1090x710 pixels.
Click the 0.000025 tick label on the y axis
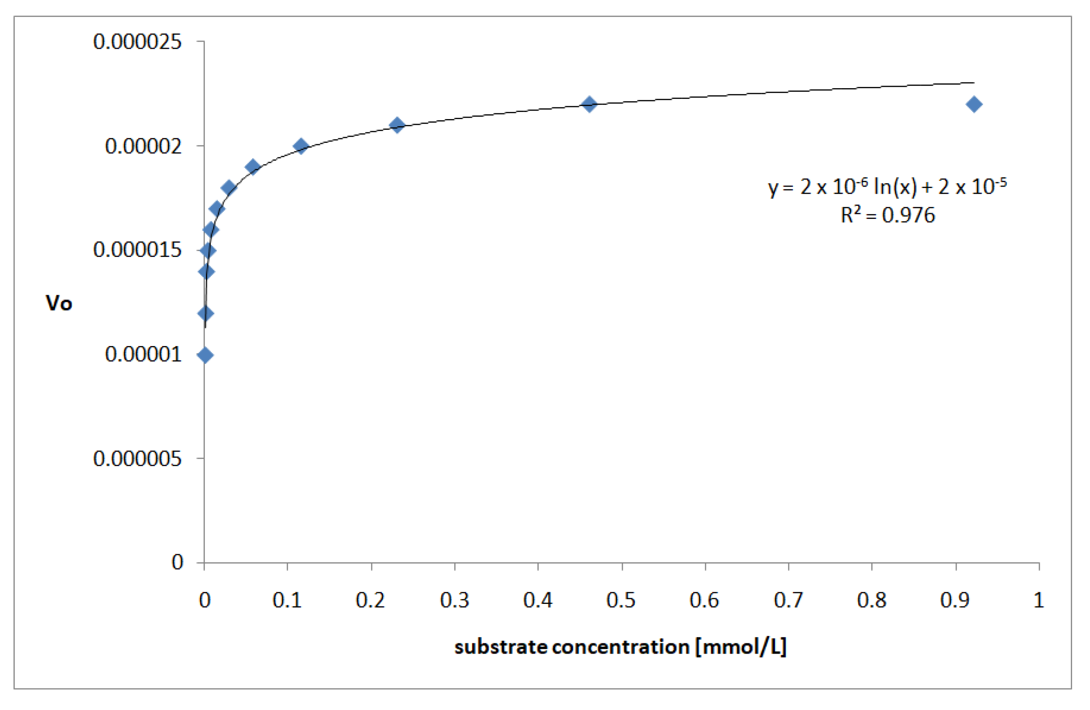137,42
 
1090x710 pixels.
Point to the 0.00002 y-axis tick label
143,146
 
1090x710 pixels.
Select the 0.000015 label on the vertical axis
137,250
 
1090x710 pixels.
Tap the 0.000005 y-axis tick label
137,458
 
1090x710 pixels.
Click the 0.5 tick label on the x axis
621,600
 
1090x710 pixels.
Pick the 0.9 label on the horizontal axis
955,600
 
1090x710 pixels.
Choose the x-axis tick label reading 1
1039,600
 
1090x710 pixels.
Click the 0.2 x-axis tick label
370,600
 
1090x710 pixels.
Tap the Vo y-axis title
59,303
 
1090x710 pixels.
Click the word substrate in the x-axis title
501,647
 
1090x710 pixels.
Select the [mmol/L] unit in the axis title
741,647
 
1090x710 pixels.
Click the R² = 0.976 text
887,215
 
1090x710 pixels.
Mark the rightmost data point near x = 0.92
974,104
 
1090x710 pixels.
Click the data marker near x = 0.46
589,104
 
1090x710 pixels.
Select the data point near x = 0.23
397,125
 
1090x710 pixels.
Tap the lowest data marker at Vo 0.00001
205,355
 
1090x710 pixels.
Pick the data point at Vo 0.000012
206,314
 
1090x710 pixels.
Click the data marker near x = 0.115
301,146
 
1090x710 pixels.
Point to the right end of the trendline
974,83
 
